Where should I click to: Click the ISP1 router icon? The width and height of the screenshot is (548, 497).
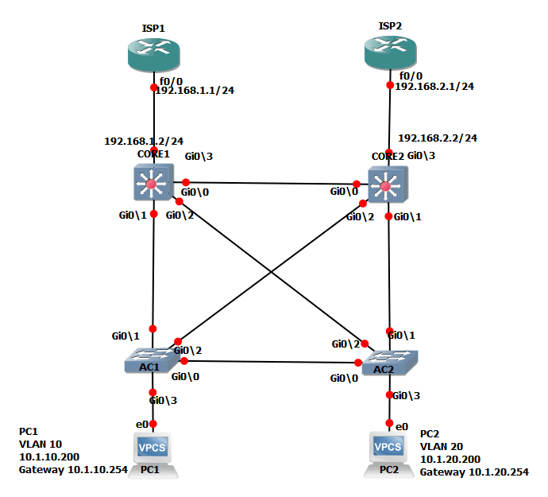point(154,54)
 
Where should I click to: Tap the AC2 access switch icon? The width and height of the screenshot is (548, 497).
point(390,363)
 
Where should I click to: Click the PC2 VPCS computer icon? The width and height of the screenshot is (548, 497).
point(388,452)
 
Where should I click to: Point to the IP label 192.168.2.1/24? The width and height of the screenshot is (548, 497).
point(434,86)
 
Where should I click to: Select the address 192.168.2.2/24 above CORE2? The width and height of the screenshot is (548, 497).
point(437,138)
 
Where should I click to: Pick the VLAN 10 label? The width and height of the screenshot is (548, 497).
point(40,445)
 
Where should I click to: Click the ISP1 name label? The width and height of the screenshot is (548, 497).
point(153,28)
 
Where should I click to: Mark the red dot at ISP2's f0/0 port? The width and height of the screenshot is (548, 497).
point(390,85)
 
